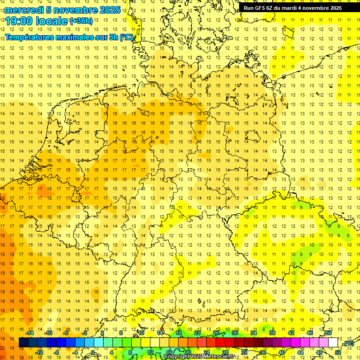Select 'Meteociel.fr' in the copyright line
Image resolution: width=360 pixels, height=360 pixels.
click(x=220, y=357)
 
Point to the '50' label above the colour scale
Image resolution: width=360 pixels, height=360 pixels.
click(x=328, y=333)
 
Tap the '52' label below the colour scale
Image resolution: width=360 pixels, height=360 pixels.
click(x=338, y=352)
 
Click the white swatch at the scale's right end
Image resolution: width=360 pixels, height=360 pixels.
click(x=333, y=343)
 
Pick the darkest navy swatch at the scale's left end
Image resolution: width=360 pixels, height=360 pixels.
click(x=23, y=343)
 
